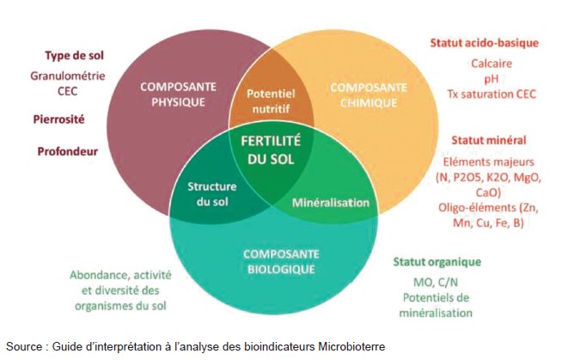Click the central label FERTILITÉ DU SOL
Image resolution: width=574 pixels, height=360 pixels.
pos(271,149)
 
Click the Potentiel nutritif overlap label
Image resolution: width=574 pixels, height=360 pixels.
pos(270,101)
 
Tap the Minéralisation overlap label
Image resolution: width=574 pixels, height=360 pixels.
pos(331,204)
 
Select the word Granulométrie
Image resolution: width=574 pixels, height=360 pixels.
pos(67,75)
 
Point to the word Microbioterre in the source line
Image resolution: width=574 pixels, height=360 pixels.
pos(350,345)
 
